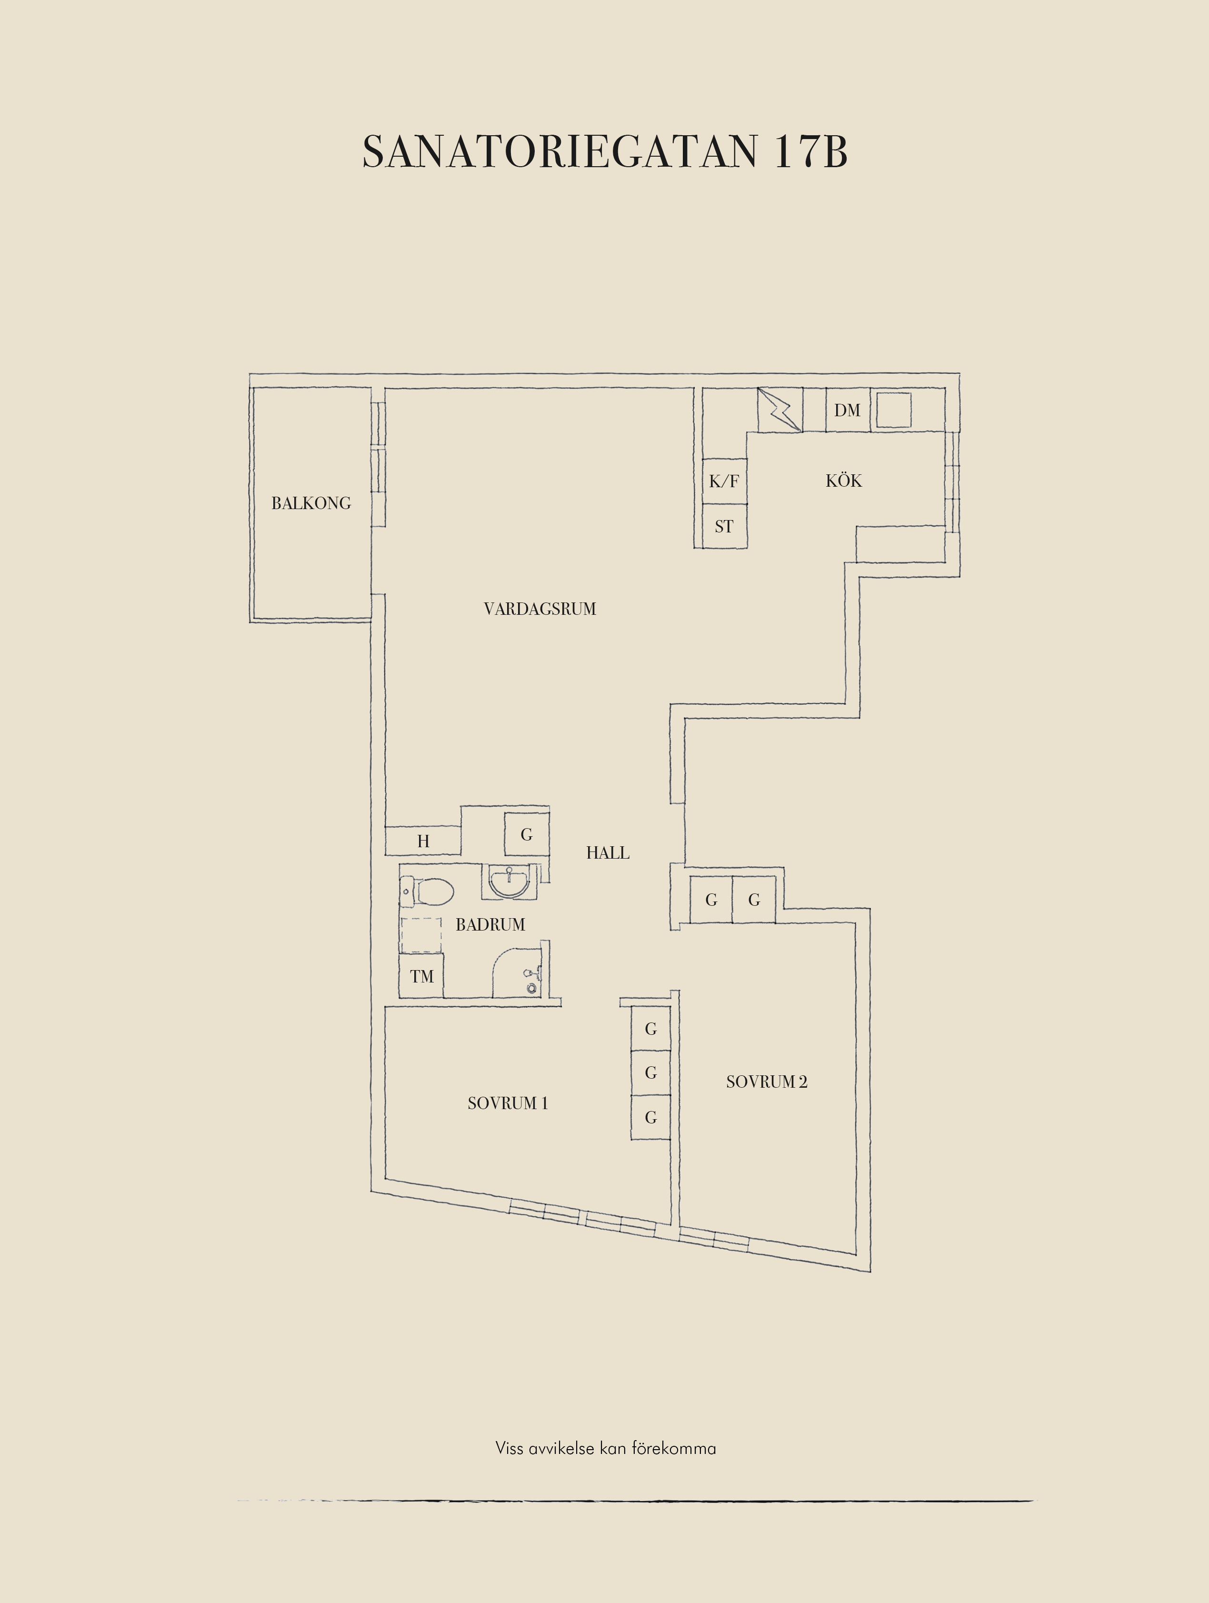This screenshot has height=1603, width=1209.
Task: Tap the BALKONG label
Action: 311,503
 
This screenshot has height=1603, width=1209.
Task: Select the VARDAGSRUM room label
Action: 540,609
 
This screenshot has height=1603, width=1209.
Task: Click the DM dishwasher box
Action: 848,410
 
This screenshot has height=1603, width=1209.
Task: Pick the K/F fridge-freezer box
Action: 724,481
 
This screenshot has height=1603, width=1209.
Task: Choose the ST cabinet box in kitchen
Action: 724,526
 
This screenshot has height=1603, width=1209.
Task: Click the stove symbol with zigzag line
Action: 780,410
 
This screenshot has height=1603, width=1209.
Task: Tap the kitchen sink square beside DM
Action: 894,410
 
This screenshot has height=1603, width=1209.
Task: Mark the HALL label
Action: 608,853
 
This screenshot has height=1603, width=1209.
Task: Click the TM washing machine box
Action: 421,976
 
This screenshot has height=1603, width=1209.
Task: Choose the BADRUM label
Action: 490,925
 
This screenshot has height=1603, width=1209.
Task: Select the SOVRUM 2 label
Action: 767,1082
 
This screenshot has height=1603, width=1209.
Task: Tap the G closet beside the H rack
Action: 527,834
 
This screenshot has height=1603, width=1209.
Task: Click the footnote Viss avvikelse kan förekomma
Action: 606,1449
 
